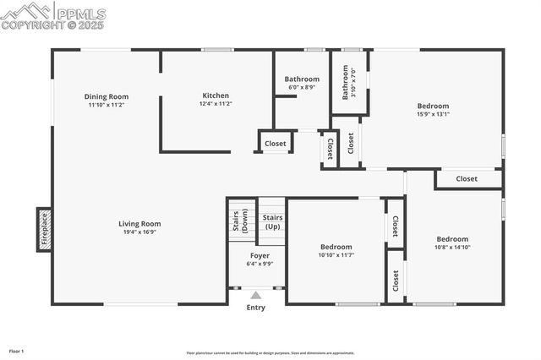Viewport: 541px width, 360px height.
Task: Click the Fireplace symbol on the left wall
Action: [x=44, y=228]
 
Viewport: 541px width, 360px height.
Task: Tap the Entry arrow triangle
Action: [x=255, y=295]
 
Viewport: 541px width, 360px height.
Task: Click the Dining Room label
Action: [x=107, y=96]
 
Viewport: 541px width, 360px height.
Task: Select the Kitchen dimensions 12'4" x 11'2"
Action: [x=216, y=104]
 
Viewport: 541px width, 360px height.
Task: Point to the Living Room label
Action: [x=139, y=224]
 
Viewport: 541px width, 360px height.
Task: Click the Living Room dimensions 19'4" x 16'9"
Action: [x=139, y=232]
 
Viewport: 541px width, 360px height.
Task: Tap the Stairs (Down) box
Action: [x=240, y=220]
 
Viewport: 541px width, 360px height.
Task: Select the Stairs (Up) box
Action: [x=272, y=222]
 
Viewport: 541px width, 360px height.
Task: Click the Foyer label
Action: [x=260, y=255]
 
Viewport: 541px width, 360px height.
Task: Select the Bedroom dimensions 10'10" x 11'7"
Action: [x=336, y=254]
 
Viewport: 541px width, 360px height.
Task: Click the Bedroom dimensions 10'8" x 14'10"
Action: [x=452, y=248]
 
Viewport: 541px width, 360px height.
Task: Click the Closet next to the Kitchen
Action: [x=276, y=144]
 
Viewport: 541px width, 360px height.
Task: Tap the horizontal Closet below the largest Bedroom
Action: [x=467, y=179]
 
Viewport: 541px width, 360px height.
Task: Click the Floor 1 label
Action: [x=16, y=351]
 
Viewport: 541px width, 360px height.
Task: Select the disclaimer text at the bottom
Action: [x=270, y=353]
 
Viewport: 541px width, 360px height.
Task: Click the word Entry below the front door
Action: [x=255, y=308]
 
